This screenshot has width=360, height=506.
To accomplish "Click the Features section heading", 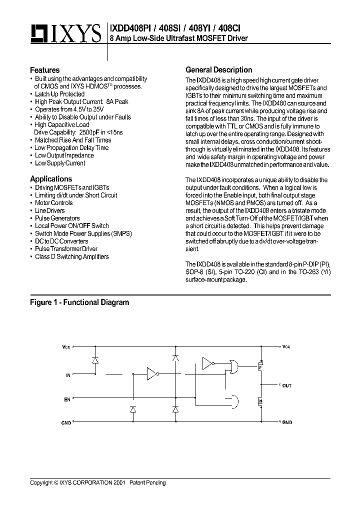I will [44, 70].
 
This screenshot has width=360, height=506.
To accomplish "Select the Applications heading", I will [50, 179].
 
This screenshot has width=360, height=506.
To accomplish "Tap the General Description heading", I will [218, 70].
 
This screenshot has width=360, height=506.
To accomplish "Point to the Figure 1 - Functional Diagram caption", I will [79, 302].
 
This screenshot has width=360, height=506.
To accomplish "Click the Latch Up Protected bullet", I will [59, 94].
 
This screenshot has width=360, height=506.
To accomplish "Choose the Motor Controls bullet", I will [53, 203].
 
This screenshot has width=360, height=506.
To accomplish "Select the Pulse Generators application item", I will [57, 218].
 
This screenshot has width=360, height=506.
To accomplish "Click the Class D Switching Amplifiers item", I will [71, 257].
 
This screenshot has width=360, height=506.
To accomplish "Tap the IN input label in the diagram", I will [68, 374].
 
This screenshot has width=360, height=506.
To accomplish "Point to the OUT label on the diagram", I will [286, 386].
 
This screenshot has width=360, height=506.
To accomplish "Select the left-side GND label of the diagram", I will [66, 423].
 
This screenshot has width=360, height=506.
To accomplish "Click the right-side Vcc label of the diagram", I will [285, 346].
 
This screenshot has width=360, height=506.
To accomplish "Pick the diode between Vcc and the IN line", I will [95, 360].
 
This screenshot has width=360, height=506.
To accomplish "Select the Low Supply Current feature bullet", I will [60, 163].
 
